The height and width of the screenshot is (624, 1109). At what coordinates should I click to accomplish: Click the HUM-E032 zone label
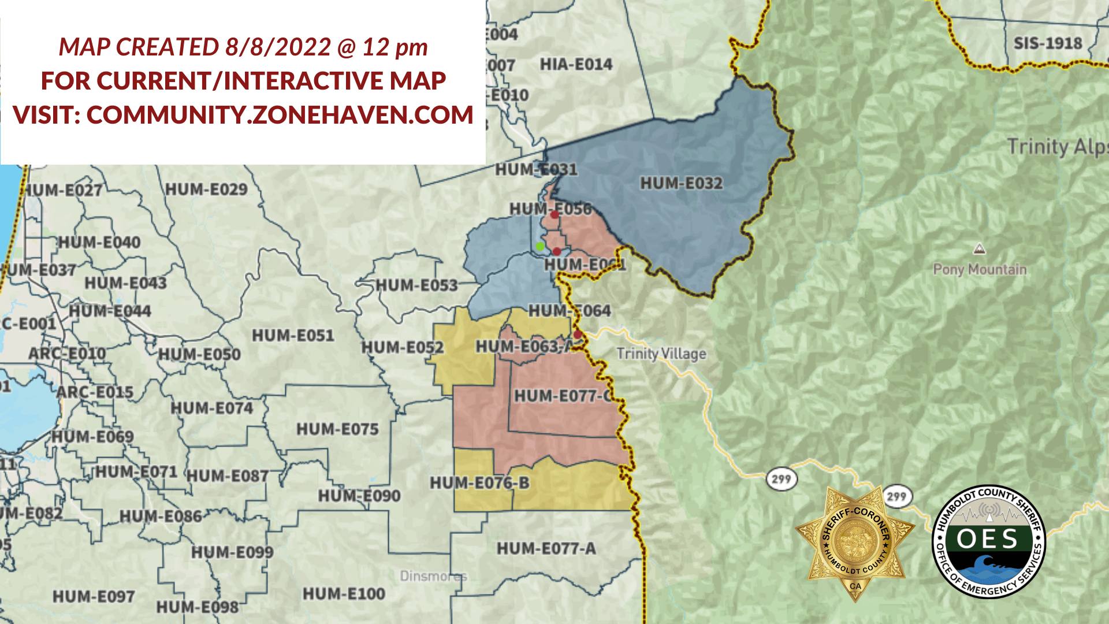(x=681, y=184)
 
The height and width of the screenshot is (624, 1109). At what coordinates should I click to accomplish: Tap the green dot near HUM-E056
(x=540, y=247)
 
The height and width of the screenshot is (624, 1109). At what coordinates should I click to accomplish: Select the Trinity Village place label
(x=661, y=354)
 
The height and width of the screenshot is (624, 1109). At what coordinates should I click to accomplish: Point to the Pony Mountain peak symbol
(x=979, y=250)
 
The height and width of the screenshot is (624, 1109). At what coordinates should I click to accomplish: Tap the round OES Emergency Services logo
(x=988, y=541)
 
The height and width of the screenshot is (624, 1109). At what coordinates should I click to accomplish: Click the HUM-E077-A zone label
(x=546, y=548)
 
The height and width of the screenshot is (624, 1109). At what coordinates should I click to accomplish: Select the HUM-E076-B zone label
(x=479, y=483)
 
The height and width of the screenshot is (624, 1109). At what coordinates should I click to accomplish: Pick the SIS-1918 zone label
(x=1048, y=43)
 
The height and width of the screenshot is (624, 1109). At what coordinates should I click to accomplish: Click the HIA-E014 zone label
(x=576, y=64)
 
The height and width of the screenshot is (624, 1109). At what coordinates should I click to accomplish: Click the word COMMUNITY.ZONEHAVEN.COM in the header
(x=280, y=115)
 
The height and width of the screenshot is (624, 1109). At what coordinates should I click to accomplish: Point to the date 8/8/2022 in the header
(x=278, y=47)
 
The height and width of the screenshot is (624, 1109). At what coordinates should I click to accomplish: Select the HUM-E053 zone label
(x=416, y=285)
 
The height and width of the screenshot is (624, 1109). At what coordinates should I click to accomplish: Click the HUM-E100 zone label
(x=344, y=594)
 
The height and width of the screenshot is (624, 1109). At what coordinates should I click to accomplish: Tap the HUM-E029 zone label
(x=206, y=190)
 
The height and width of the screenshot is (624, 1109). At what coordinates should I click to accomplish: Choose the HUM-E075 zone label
(x=337, y=429)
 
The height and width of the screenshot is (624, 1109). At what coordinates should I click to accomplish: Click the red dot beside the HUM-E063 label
(x=577, y=335)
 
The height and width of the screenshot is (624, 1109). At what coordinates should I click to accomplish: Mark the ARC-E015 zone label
(x=95, y=392)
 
